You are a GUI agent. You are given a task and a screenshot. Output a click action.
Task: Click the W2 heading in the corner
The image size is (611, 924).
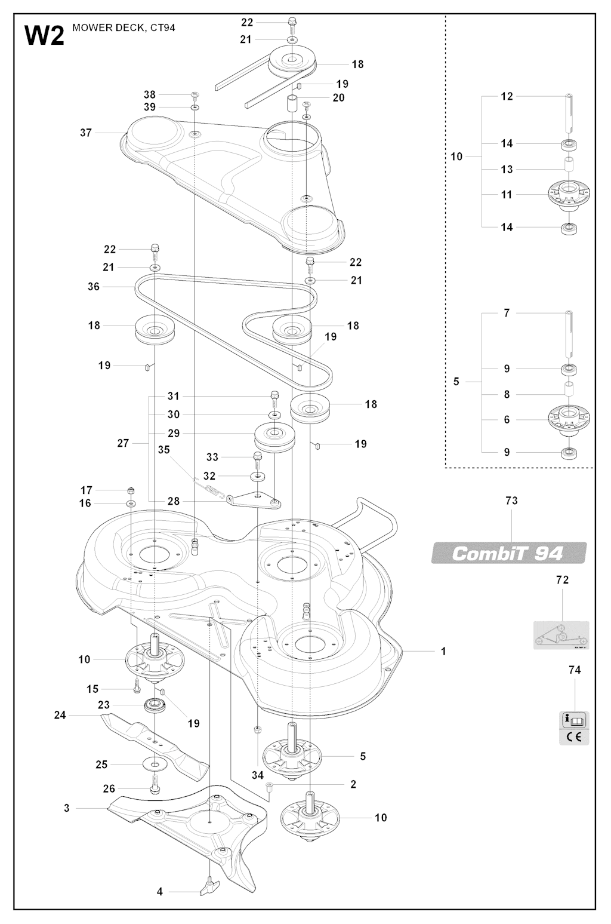pos(44,36)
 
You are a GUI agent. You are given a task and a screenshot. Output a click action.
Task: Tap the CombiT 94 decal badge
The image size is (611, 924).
pos(508,552)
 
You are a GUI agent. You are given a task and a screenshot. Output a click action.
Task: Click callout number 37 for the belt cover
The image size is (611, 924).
pos(86,133)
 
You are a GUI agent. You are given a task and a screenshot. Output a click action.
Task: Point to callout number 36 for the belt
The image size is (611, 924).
pos(93,287)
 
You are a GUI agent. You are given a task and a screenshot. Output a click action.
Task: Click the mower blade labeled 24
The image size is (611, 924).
pos(154,741)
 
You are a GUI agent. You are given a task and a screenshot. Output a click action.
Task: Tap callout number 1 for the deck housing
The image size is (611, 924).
pos(443,651)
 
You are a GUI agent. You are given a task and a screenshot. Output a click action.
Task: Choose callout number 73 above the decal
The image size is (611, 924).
pos(511,501)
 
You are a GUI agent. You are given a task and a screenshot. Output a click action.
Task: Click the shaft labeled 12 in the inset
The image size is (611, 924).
pos(569,113)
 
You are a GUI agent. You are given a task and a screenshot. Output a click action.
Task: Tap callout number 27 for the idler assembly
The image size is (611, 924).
pos(123,444)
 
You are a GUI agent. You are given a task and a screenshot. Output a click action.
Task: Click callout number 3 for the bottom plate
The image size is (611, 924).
pos(67,809)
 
